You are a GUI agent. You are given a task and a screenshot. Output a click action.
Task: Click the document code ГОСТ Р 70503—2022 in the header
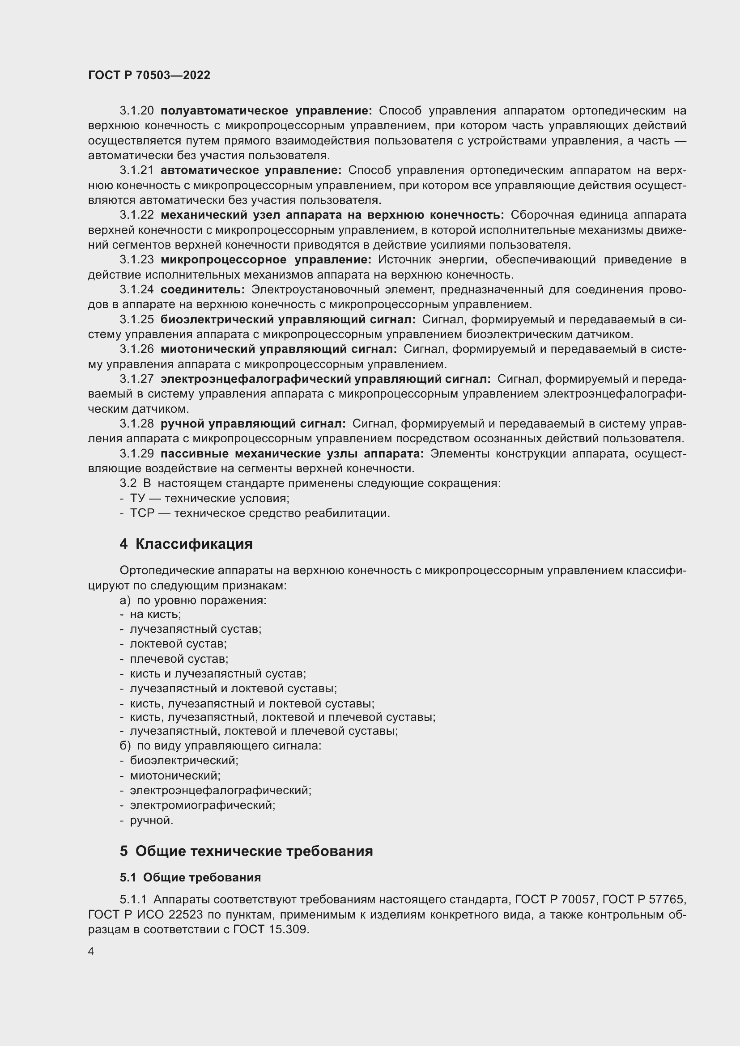149,76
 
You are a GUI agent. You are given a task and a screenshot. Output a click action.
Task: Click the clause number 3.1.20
137,111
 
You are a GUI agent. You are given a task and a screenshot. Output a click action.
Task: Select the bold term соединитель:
203,290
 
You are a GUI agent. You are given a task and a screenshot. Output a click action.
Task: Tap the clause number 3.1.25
137,320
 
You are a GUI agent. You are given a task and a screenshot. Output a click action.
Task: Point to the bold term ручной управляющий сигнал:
253,424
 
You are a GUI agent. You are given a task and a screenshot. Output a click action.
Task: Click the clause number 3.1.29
137,454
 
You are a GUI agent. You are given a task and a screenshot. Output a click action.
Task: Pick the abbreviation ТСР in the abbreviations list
140,513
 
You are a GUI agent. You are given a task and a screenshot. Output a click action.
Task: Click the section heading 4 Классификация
186,544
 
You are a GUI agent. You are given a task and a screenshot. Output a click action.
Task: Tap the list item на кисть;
155,614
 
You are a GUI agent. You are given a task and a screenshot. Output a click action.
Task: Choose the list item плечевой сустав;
179,659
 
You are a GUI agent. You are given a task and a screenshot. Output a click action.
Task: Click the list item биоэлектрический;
184,760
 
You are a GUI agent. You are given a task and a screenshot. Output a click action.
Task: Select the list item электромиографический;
202,805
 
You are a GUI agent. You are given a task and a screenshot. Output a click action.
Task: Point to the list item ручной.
151,821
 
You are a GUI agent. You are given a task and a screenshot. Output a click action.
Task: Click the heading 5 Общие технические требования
246,851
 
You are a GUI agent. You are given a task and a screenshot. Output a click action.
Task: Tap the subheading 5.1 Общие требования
190,877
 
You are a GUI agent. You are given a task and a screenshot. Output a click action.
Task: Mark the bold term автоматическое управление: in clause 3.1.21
251,170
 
